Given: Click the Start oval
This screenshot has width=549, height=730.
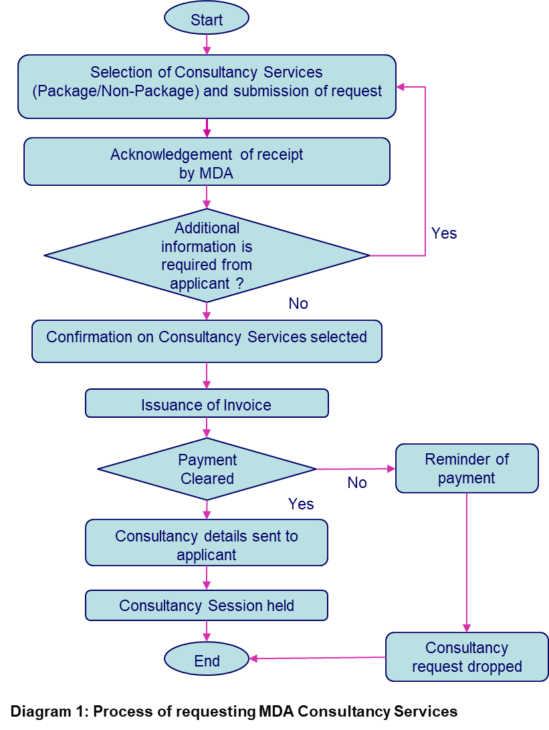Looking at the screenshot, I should pyautogui.click(x=207, y=19).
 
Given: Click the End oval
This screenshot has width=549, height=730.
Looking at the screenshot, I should pyautogui.click(x=207, y=660).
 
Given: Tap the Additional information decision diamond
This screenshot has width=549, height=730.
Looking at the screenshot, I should pyautogui.click(x=207, y=255).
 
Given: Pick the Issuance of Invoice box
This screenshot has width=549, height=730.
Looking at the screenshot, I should pyautogui.click(x=207, y=404).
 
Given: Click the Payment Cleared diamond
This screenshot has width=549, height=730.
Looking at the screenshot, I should pyautogui.click(x=207, y=469).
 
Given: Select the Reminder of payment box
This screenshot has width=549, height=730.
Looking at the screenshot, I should pyautogui.click(x=467, y=469).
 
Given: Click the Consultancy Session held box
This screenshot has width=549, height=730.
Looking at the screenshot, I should pyautogui.click(x=207, y=606).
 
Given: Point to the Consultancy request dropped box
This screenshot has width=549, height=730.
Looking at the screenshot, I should pyautogui.click(x=467, y=657).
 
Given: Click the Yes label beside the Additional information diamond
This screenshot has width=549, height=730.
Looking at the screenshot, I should pyautogui.click(x=444, y=233).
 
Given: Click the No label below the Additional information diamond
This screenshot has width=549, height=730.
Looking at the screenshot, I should pyautogui.click(x=298, y=303).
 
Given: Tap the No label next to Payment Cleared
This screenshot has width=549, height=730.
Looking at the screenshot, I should pyautogui.click(x=357, y=483).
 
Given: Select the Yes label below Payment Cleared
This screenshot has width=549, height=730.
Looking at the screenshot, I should pyautogui.click(x=301, y=504).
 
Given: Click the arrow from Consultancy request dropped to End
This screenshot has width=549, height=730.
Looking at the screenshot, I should pyautogui.click(x=318, y=658).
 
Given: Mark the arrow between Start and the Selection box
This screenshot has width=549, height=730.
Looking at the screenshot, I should pyautogui.click(x=207, y=44).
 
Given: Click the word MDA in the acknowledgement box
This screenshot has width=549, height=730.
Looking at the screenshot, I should pyautogui.click(x=216, y=174).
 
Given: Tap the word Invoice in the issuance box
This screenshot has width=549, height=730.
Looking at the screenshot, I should pyautogui.click(x=247, y=405).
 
